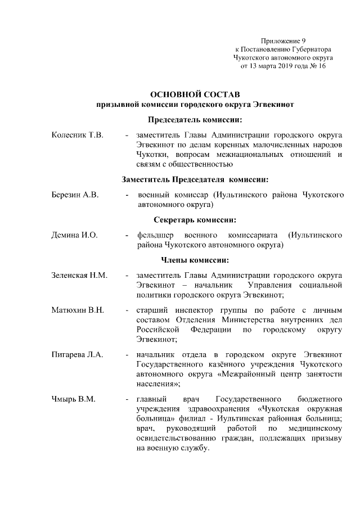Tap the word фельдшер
coord(152,235)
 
